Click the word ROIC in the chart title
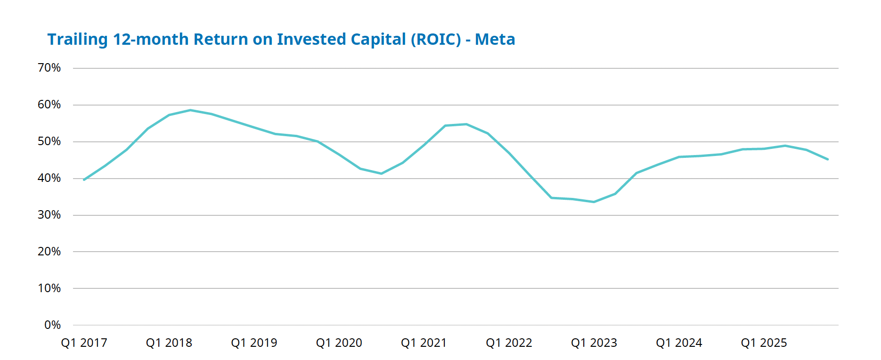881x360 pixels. [436, 40]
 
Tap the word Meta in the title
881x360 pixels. [495, 40]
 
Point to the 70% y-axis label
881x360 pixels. [49, 68]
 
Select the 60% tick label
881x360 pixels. [49, 105]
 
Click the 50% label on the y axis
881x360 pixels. [49, 141]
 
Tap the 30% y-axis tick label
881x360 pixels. [49, 215]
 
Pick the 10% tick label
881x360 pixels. [49, 288]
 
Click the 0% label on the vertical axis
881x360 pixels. [53, 325]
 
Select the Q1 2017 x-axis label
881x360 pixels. [84, 343]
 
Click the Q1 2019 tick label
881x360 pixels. [254, 343]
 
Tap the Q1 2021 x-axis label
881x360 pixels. [424, 343]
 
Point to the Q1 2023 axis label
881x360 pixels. [594, 343]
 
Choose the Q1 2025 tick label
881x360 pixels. [764, 343]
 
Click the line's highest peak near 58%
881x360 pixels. [190, 110]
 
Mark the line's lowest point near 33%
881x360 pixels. [594, 202]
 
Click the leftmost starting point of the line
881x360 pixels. [84, 180]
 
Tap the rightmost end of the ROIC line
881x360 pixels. [828, 159]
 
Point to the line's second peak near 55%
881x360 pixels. [466, 124]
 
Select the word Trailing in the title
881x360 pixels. [78, 40]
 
